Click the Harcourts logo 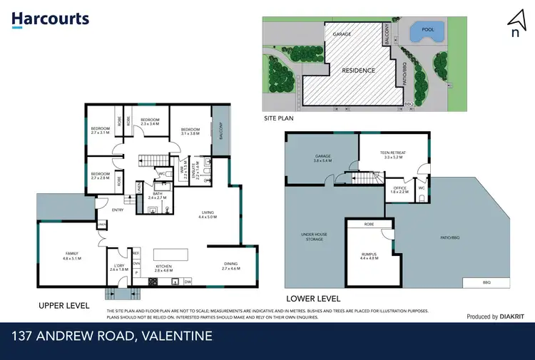pyautogui.click(x=50, y=19)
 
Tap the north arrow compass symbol pyautogui.click(x=514, y=21)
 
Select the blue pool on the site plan pyautogui.click(x=427, y=32)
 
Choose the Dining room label pyautogui.click(x=231, y=267)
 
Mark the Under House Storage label pyautogui.click(x=314, y=237)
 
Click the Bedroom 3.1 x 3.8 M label pyautogui.click(x=189, y=131)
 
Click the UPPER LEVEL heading pyautogui.click(x=64, y=305)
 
